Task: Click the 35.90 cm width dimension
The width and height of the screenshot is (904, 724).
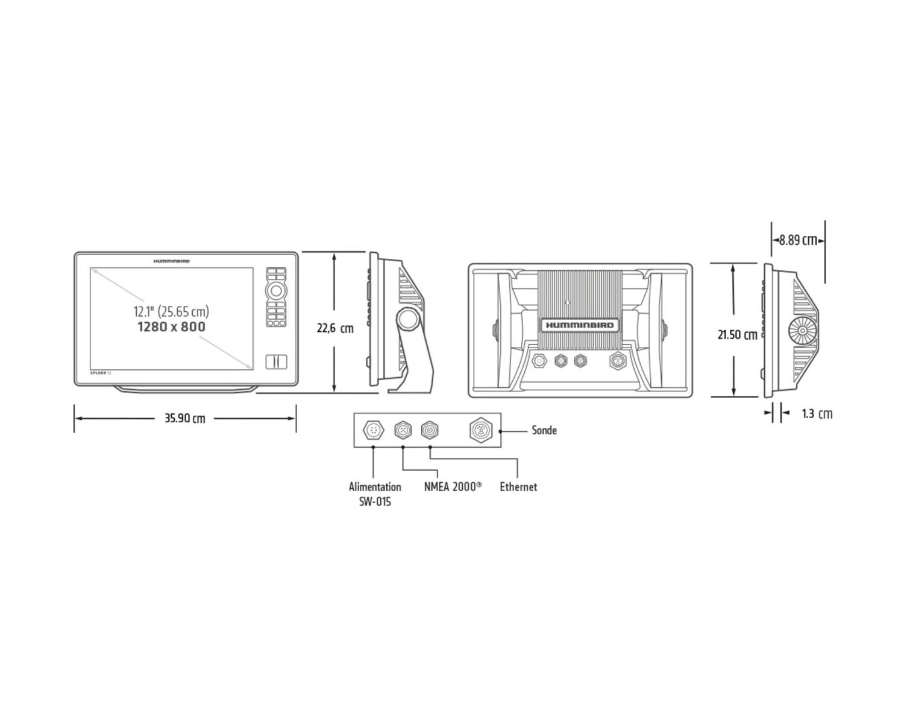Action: (x=185, y=419)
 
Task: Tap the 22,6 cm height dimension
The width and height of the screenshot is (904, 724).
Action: (x=335, y=328)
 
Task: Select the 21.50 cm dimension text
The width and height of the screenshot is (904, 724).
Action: (x=737, y=335)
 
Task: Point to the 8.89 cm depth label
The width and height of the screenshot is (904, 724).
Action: (x=798, y=241)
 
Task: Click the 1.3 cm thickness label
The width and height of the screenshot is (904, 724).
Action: (x=817, y=414)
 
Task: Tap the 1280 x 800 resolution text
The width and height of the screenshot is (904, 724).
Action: (x=171, y=327)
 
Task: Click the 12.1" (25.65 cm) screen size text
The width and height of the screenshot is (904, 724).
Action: (x=171, y=312)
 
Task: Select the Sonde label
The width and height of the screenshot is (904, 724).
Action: (x=544, y=430)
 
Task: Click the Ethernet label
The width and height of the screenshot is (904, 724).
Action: (x=518, y=487)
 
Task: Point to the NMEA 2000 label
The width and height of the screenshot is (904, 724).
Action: (x=453, y=487)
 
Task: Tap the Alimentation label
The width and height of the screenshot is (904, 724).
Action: (x=375, y=487)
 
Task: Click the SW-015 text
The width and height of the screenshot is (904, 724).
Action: (x=375, y=502)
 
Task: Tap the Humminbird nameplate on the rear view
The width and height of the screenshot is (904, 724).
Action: (x=580, y=325)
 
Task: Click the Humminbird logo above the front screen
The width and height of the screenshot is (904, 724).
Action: (x=171, y=261)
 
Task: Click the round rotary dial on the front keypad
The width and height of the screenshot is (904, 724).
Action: (x=276, y=290)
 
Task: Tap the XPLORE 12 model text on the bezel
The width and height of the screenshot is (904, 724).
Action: (x=101, y=373)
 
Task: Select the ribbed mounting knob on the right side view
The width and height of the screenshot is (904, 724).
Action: (x=802, y=331)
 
